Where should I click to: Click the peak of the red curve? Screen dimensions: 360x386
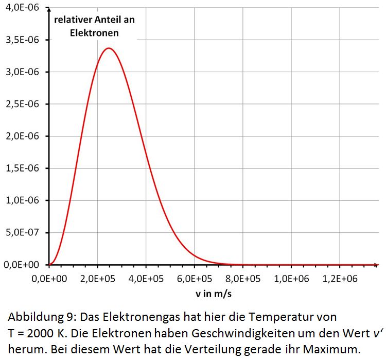[109, 48]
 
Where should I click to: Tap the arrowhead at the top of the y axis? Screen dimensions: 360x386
[49, 10]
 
